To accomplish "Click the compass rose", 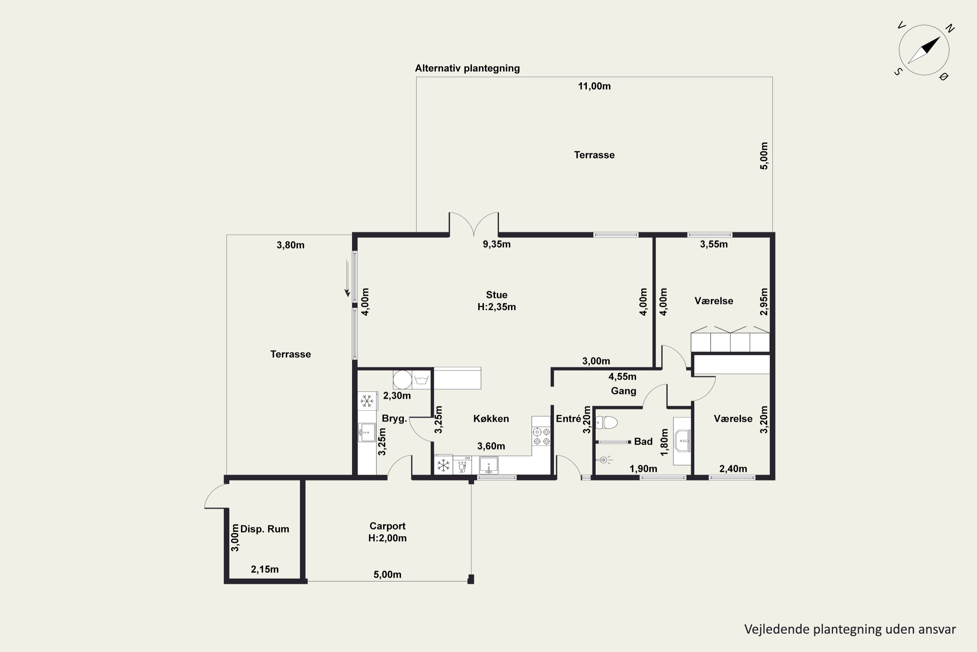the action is (924, 50).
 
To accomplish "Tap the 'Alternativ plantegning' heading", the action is (467, 68).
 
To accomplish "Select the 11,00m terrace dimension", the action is (594, 86).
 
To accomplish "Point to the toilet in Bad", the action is (606, 422).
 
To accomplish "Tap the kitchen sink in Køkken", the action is (488, 465).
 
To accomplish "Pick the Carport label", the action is (387, 526).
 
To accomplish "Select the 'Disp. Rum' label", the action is (264, 529).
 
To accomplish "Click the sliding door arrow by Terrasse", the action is (347, 279).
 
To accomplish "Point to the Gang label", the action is (624, 391).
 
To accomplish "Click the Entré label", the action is (568, 419).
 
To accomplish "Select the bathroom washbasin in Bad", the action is (682, 441).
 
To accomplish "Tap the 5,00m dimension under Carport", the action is (387, 575).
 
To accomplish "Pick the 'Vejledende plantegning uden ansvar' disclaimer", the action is (850, 630).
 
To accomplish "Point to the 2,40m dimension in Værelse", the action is (733, 469).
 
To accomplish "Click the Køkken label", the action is (491, 419).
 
